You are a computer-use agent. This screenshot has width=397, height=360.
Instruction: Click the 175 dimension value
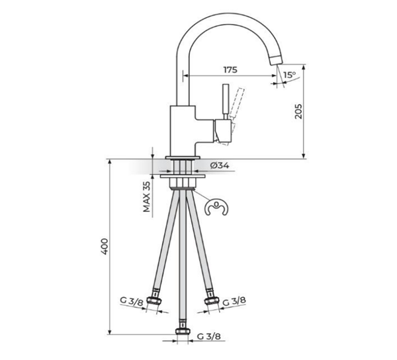230,69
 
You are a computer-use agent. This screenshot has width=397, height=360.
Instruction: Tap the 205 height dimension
298,111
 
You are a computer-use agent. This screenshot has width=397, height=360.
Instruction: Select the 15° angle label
289,75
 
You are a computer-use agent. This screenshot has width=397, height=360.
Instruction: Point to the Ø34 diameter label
220,165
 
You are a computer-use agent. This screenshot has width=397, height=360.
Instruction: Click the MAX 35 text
147,197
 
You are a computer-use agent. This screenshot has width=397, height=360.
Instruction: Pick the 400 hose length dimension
105,246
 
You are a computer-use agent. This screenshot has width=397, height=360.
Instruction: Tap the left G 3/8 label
132,302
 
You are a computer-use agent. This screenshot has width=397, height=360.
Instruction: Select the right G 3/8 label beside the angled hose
234,301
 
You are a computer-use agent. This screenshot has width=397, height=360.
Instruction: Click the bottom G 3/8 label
209,336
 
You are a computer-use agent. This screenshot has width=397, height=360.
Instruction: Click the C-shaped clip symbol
216,208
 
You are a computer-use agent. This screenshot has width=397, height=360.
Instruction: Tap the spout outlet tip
276,60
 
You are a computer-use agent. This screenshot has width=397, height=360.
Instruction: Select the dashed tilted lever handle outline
238,102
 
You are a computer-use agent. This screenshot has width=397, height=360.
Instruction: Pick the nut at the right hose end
212,300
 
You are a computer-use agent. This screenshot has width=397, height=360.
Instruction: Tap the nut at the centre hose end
183,332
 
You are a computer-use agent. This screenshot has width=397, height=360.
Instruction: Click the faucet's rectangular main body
183,130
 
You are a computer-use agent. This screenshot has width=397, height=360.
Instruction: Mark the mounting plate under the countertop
183,175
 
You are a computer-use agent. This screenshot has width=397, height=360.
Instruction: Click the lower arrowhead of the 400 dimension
110,332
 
